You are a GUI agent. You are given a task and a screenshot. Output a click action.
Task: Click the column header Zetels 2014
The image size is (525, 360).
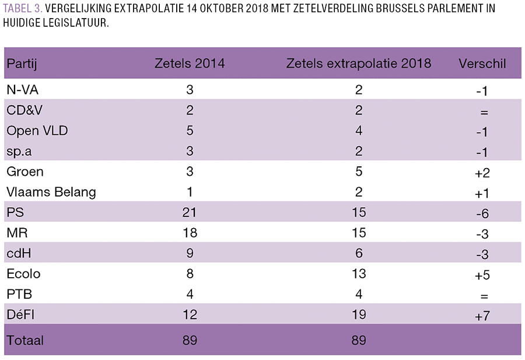click(189, 64)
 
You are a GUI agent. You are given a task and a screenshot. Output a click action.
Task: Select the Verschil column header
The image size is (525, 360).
click(482, 64)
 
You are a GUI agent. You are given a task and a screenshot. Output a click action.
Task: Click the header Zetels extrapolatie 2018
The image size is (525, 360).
click(358, 64)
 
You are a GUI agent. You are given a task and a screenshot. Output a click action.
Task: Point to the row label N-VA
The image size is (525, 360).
click(23, 90)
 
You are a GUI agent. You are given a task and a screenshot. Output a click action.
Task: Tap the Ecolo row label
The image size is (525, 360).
click(23, 274)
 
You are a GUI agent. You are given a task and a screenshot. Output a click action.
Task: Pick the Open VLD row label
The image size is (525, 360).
click(37, 131)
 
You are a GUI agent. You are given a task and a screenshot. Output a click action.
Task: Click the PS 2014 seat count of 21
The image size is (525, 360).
click(189, 212)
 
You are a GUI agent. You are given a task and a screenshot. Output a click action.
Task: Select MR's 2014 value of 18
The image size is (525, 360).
click(189, 233)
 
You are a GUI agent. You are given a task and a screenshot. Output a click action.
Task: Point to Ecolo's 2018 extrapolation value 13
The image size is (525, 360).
click(358, 274)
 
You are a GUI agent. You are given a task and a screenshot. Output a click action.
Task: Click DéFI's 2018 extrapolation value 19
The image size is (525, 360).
click(358, 314)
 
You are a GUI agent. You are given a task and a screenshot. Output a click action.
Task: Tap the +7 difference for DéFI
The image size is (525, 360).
click(482, 316)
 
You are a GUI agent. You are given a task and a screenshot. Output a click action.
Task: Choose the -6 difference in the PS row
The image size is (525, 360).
click(482, 214)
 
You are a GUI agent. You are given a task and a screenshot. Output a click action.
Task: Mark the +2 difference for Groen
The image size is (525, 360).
click(482, 173)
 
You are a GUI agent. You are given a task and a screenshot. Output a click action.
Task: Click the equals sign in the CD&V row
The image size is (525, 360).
click(484, 111)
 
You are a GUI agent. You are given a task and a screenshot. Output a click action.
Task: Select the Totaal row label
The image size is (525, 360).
click(24, 339)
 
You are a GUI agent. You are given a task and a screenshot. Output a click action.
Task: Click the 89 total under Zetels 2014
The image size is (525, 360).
click(189, 339)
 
